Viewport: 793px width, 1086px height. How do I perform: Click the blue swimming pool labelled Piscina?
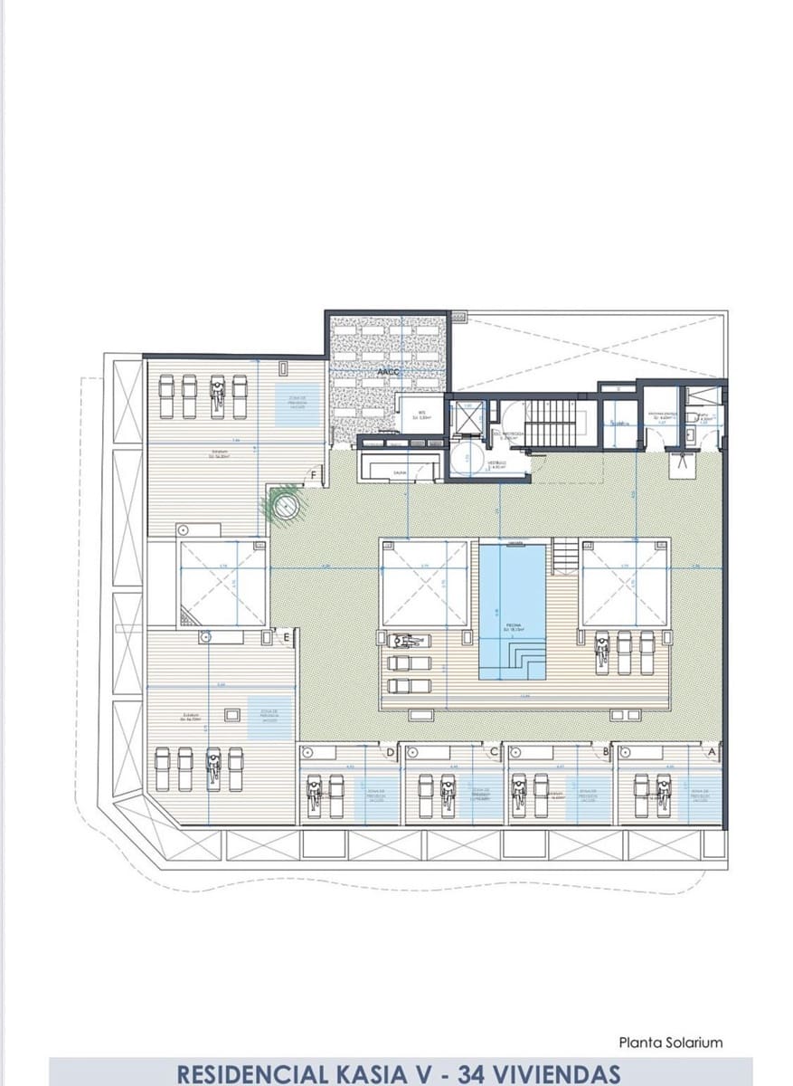tap(513, 602)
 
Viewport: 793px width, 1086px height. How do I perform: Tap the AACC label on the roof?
tap(388, 371)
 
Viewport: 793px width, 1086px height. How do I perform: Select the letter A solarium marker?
tap(711, 751)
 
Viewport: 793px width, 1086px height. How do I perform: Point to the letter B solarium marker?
tap(605, 751)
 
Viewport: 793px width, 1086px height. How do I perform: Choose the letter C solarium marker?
tap(494, 751)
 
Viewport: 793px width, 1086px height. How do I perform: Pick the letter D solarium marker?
tap(391, 751)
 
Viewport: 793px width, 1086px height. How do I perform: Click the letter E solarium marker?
tap(287, 638)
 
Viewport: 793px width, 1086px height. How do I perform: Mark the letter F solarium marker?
tap(313, 476)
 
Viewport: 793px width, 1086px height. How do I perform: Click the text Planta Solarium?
tap(671, 1043)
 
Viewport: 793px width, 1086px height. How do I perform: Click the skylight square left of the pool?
tap(425, 584)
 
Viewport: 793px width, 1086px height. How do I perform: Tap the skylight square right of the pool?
tap(625, 584)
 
